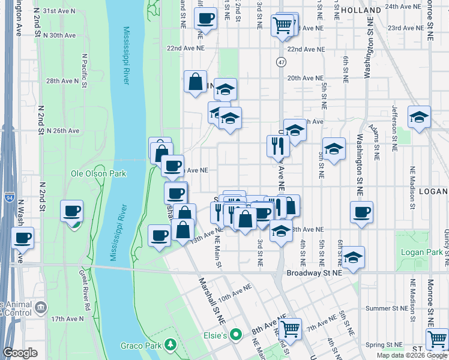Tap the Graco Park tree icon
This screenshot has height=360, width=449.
click(x=171, y=344)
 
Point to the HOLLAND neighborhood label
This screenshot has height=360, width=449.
click(x=361, y=10)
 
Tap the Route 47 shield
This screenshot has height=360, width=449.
click(x=281, y=62)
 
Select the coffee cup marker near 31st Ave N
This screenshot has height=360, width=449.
click(x=205, y=18)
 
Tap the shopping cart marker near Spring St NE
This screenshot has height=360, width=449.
click(x=436, y=339)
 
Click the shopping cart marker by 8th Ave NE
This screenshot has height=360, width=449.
click(x=290, y=328)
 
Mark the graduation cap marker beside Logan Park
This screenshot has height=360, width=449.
click(x=354, y=257)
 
